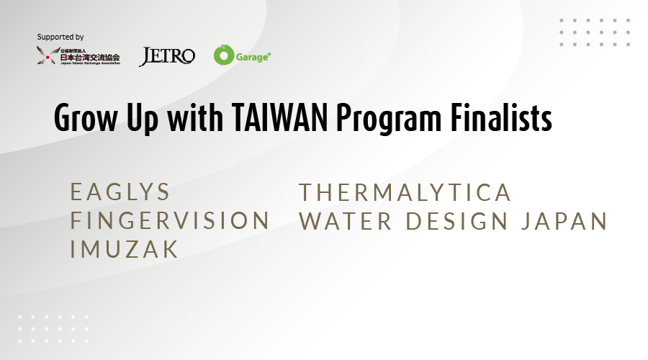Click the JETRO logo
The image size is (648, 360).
167,56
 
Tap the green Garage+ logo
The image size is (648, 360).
242,55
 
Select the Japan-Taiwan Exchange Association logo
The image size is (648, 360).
78,55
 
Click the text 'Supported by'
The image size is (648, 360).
60,37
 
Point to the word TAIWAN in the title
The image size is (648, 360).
280,118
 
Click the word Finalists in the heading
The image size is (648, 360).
501,118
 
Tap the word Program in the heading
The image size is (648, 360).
389,120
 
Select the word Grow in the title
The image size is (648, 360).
86,118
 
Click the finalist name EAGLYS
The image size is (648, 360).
120,192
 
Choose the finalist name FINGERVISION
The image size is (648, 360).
170,220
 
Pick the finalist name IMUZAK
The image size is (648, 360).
124,249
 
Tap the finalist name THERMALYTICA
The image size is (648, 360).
405,193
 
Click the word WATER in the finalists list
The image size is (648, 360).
346,221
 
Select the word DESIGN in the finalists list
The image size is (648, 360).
456,221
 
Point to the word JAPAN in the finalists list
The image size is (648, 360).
564,221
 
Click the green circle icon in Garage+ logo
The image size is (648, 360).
224,55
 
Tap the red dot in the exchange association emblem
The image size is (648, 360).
48,57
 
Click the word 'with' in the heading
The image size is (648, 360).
195,118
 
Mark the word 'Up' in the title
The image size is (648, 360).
142,120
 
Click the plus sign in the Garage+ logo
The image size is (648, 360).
269,54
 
